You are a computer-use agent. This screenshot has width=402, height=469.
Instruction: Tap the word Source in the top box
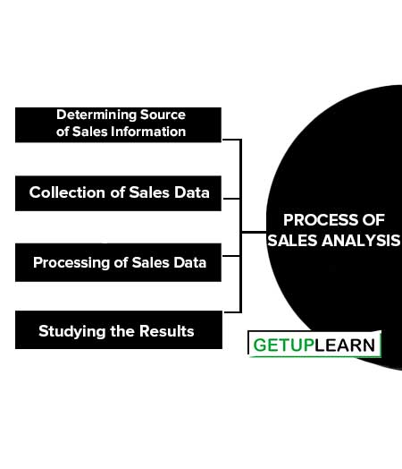tap(163, 115)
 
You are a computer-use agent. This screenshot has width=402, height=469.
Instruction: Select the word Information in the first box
tap(148, 132)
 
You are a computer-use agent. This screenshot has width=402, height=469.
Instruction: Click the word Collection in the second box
tap(67, 192)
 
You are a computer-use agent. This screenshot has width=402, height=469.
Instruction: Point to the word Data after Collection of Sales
tap(192, 192)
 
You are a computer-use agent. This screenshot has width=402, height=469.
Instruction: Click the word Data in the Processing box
tap(189, 262)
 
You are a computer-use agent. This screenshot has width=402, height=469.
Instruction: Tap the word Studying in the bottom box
tap(72, 332)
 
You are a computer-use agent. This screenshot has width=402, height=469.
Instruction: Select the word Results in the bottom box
tap(167, 331)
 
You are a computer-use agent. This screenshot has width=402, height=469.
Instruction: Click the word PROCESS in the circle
tap(321, 220)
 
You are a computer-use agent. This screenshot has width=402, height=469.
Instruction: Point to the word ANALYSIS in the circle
tap(361, 241)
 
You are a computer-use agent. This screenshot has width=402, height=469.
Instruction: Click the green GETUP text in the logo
tap(283, 345)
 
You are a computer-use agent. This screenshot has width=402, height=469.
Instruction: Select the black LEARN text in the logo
tap(345, 345)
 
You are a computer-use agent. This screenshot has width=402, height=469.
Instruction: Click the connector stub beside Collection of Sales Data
tap(231, 199)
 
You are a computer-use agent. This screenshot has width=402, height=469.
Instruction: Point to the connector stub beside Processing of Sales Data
tap(231, 256)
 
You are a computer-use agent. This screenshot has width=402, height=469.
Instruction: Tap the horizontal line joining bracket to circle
tap(254, 232)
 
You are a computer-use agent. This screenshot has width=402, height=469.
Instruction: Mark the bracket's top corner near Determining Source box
tap(240, 140)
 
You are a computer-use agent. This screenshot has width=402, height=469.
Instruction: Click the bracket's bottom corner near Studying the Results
tap(240, 311)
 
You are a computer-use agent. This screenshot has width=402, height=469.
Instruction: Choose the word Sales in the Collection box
tap(149, 192)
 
